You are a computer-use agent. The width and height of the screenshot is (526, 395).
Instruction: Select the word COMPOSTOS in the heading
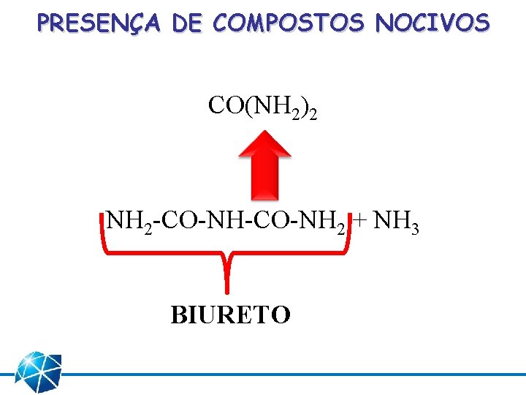tap(289, 23)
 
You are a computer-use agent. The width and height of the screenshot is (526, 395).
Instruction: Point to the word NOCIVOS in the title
tap(432, 23)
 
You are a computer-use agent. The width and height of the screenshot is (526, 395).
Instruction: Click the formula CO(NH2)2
tap(262, 107)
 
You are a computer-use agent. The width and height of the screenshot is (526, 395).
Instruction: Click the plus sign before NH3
tap(361, 220)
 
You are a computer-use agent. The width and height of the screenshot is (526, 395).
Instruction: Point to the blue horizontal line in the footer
tap(292, 373)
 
